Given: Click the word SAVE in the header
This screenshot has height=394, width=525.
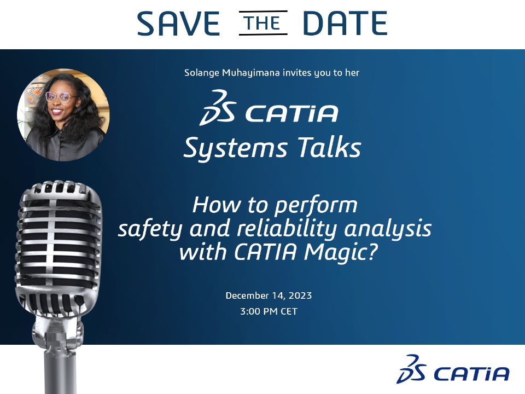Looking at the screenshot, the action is pos(178,23).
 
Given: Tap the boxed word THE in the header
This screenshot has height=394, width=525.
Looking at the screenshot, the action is pos(263,23).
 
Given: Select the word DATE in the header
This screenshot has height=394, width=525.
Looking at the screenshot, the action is pos(345,23).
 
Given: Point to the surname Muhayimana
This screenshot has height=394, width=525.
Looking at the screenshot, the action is pos(251,73).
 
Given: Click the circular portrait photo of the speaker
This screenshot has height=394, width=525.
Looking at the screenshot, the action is pos(63,115).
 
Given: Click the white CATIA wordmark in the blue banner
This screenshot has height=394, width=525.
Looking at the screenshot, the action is pos(291,113).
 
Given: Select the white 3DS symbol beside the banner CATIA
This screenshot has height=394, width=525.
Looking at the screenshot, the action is pos(218,107).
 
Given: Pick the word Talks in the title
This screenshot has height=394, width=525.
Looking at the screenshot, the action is pos(329,147).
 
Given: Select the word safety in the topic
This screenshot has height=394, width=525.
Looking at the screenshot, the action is pos(150,229).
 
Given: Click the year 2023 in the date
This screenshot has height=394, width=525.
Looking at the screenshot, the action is pos(300,296).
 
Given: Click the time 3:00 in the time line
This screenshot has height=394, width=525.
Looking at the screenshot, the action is pos(250,311).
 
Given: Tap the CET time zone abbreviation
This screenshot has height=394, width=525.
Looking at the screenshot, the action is pos(289,311).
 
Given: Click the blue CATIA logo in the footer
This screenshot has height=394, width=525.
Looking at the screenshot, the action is pos(453,369).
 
